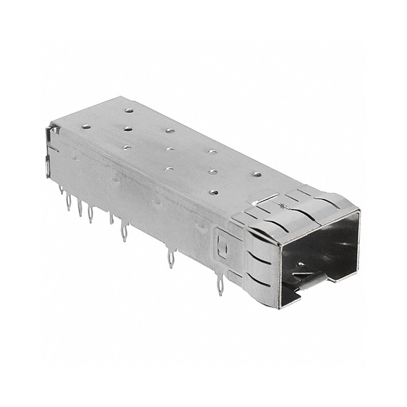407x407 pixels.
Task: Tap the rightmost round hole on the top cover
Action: click(257, 175)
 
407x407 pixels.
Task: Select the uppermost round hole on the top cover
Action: click(129, 110)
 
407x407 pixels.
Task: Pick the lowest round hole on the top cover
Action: click(214, 193)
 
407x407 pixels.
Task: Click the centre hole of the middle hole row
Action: click(170, 150)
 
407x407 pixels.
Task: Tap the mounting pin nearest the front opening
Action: click(220, 287)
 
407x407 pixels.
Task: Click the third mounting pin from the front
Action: click(124, 233)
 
